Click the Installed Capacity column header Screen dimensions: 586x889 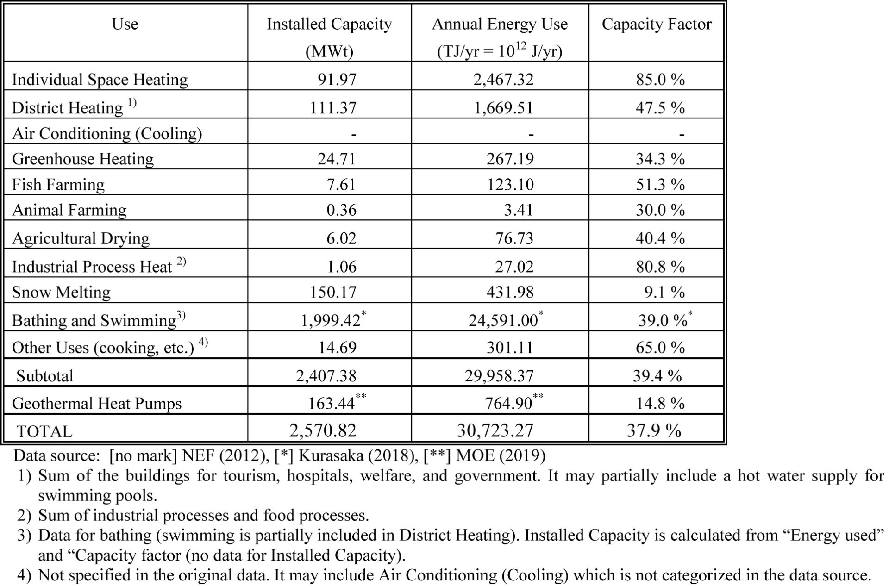pos(329,24)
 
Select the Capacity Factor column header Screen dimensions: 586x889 pos(656,24)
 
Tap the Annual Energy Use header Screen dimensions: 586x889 pos(500,24)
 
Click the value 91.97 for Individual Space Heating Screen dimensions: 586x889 pos(337,80)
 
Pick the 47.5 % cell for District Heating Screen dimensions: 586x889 pos(660,108)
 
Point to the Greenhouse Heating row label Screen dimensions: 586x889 pos(83,159)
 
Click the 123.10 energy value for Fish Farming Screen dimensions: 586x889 pos(510,185)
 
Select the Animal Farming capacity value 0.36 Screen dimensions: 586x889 pos(341,210)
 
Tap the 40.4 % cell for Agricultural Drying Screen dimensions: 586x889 pos(660,238)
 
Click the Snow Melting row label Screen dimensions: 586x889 pos(61,292)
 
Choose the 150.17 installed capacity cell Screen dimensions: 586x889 pos(333,292)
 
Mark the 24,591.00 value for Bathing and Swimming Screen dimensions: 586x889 pos(503,320)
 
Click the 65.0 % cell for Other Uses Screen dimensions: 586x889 pos(660,348)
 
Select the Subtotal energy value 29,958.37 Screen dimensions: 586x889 pos(499,376)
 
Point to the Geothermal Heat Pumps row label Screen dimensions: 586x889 pos(97,404)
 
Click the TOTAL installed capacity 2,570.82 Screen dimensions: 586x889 pos(323,431)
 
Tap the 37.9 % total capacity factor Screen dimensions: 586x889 pos(654,431)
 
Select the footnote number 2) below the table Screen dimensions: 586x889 pos(24,516)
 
